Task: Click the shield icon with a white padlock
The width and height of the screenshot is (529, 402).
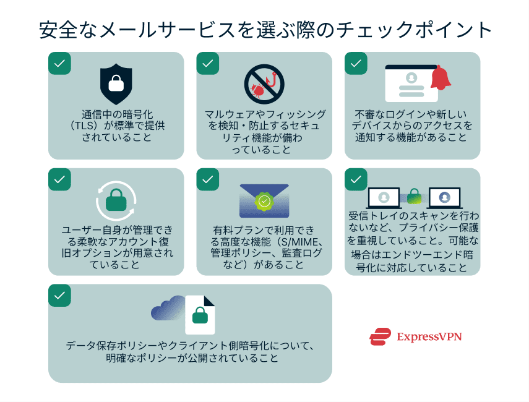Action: [116, 83]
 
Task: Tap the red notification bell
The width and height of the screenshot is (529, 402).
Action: [441, 78]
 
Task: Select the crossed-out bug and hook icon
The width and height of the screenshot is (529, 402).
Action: [264, 84]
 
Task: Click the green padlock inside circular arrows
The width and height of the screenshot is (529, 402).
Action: [116, 200]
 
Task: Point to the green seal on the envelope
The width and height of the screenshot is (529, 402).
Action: [264, 202]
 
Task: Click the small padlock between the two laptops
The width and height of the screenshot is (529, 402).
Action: [414, 196]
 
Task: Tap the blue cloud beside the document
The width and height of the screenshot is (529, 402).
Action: [169, 308]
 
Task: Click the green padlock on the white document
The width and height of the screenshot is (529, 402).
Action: [200, 315]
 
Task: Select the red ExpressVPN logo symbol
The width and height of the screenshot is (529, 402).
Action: [381, 336]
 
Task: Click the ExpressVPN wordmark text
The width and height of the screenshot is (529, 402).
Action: [429, 336]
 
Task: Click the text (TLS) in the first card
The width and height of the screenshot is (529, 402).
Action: [85, 126]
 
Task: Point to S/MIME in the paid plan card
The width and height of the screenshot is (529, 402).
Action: [298, 242]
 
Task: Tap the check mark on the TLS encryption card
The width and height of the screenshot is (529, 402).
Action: [60, 64]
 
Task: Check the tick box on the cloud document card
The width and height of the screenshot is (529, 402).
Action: [60, 296]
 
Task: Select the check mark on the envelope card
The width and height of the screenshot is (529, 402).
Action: [208, 179]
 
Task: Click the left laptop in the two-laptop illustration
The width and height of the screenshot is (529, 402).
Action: [384, 198]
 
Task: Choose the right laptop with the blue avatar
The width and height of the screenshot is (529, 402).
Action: [445, 198]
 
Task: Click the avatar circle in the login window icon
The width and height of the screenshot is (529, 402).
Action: [411, 78]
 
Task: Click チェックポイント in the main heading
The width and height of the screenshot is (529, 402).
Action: [414, 30]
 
